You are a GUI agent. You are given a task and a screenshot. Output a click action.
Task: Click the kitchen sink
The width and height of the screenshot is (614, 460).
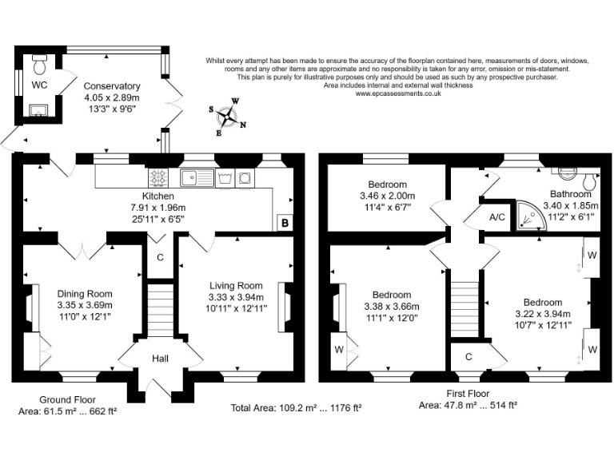194,176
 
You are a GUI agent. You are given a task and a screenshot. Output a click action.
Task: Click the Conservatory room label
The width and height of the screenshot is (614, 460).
112,86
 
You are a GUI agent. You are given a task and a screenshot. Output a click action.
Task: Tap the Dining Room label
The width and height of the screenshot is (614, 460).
84,293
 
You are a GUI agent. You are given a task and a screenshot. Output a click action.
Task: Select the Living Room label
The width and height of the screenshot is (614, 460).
236,286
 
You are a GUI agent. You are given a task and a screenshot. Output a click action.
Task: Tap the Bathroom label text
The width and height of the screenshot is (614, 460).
570,194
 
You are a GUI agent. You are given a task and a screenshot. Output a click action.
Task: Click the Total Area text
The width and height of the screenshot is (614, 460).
296,407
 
